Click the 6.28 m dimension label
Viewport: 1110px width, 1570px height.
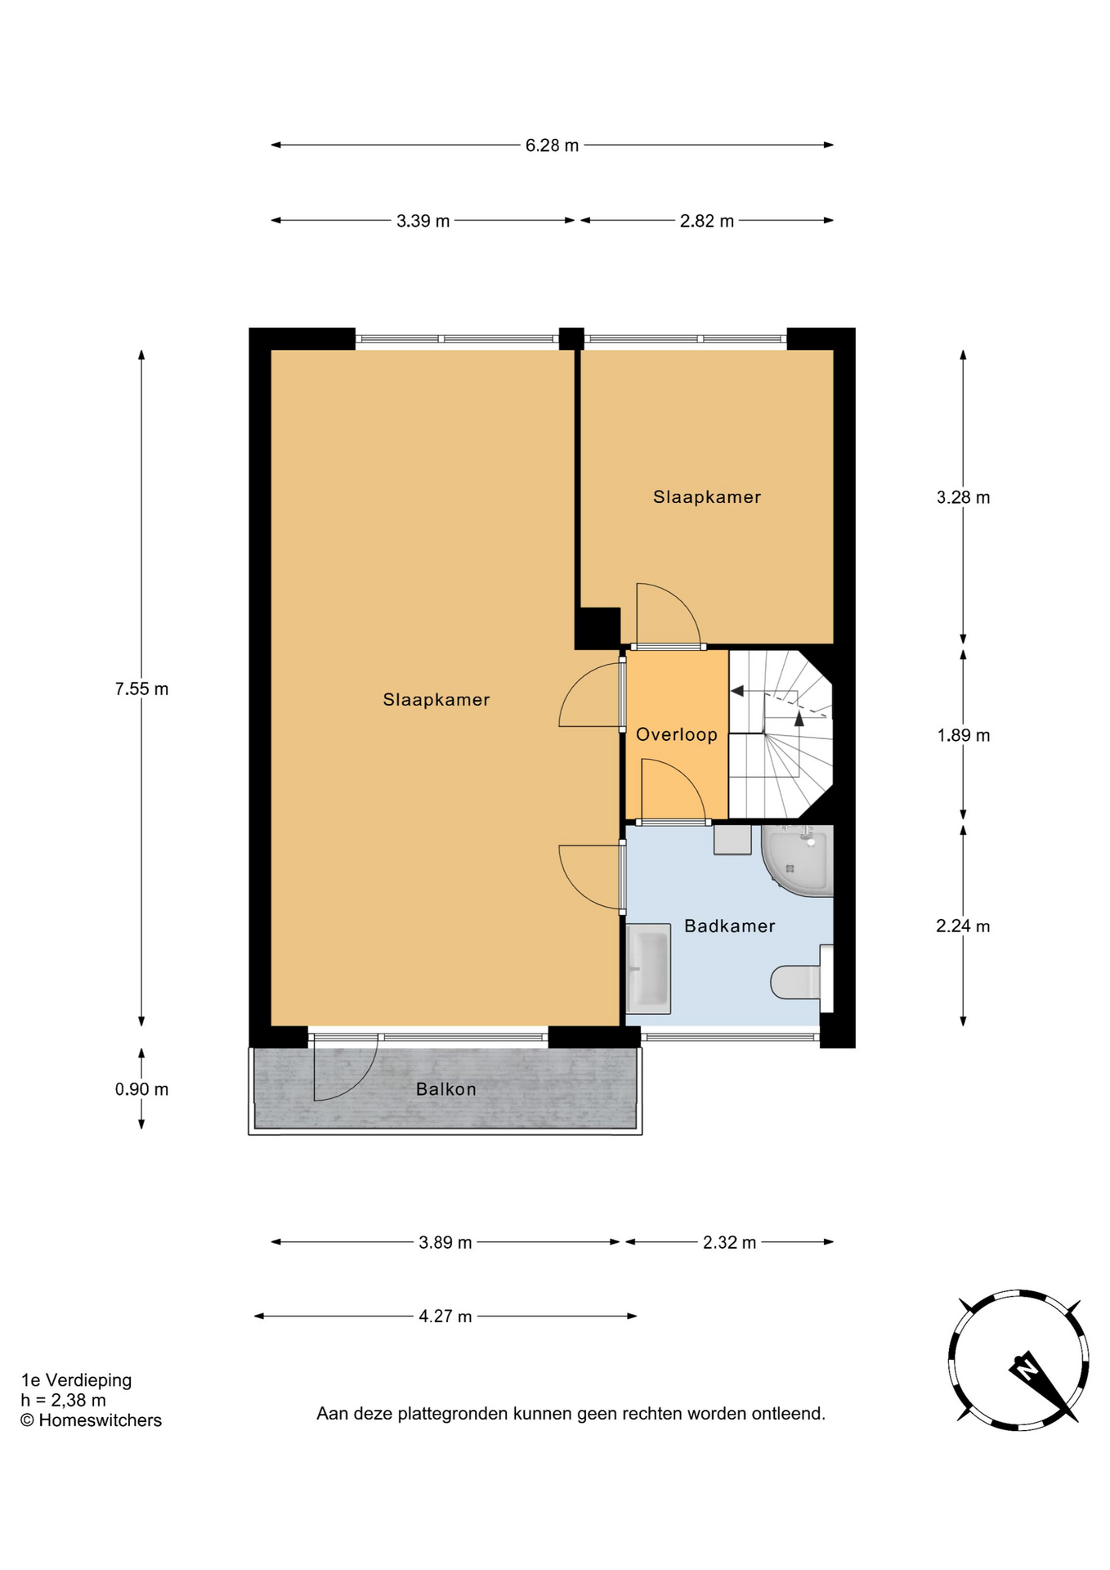pyautogui.click(x=552, y=146)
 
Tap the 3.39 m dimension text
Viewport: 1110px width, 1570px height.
pyautogui.click(x=423, y=221)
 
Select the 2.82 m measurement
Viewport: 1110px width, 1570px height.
pyautogui.click(x=706, y=221)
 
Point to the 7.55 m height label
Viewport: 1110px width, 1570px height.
pyautogui.click(x=141, y=689)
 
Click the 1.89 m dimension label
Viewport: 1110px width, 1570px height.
pyautogui.click(x=963, y=735)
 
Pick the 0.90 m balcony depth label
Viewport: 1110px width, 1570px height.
pyautogui.click(x=141, y=1089)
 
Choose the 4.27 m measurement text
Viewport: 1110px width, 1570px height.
pyautogui.click(x=445, y=1317)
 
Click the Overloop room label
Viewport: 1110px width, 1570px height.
pyautogui.click(x=677, y=734)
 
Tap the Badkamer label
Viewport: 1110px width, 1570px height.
pyautogui.click(x=730, y=926)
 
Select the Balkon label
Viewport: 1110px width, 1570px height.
pyautogui.click(x=445, y=1089)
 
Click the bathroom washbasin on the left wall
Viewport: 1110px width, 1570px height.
pyautogui.click(x=648, y=969)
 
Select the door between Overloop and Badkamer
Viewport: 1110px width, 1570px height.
pyautogui.click(x=673, y=791)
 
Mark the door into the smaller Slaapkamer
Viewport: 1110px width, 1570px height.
pyautogui.click(x=668, y=615)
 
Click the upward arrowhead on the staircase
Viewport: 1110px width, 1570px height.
pyautogui.click(x=799, y=718)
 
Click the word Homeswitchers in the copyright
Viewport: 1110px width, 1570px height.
pyautogui.click(x=100, y=1420)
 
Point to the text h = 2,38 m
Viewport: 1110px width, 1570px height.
pyautogui.click(x=63, y=1401)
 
